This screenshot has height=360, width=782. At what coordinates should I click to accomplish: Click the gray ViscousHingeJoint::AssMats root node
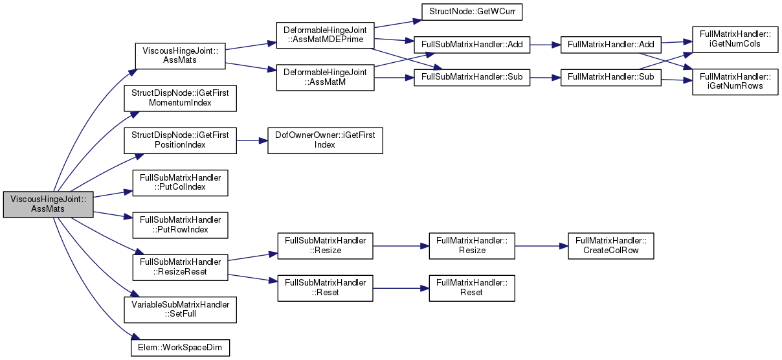(x=48, y=204)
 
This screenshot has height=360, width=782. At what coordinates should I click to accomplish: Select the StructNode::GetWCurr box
(x=472, y=12)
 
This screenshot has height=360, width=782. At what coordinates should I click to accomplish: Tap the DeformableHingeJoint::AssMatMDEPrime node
(x=325, y=35)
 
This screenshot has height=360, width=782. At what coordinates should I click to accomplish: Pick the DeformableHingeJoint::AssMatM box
(x=325, y=78)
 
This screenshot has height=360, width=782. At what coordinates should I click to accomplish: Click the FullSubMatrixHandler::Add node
(x=472, y=45)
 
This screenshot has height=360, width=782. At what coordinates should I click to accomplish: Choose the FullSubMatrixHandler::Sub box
(x=472, y=77)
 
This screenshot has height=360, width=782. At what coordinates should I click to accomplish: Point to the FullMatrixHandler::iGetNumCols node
(x=735, y=39)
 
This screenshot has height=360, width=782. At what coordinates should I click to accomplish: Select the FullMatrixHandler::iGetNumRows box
(x=735, y=82)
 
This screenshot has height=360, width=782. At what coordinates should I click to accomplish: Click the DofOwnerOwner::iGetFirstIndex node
(x=325, y=141)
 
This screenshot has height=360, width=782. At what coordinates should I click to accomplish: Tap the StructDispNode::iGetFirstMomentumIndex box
(x=180, y=98)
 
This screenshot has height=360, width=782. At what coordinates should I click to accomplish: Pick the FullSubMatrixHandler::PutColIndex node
(x=180, y=183)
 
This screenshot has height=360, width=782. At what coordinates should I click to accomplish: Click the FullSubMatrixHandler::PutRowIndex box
(x=180, y=225)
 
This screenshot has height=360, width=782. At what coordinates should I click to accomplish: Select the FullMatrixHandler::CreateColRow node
(x=611, y=246)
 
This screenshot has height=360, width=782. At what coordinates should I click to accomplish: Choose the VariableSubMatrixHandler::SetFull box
(x=180, y=309)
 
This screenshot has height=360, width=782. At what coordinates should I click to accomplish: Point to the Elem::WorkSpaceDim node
(x=180, y=348)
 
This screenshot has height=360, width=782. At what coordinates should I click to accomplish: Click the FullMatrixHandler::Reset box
(x=472, y=288)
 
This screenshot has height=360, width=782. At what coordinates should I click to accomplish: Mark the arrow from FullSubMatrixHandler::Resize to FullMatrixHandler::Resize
(x=401, y=246)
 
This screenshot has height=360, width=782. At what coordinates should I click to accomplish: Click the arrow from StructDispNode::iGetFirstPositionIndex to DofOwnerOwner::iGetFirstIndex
(x=252, y=141)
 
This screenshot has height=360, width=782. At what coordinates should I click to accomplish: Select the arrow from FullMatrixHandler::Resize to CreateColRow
(x=541, y=246)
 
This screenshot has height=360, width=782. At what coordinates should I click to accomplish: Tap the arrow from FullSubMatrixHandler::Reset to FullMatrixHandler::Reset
(x=401, y=288)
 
